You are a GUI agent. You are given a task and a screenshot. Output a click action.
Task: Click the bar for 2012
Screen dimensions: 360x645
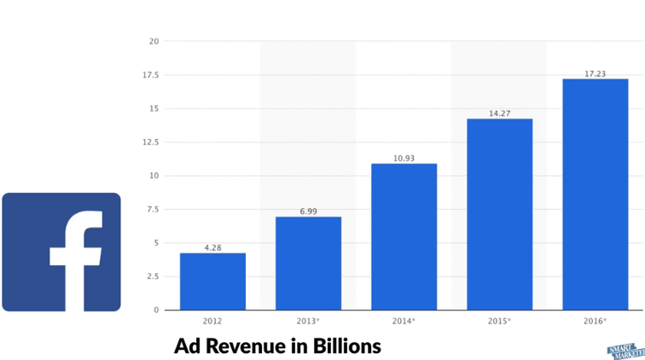212,282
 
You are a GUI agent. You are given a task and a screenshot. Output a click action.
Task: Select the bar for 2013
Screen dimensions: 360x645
308,264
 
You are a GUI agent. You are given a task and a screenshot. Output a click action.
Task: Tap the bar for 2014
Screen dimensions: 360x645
404,236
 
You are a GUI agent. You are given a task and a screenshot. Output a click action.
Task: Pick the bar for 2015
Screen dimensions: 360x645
499,214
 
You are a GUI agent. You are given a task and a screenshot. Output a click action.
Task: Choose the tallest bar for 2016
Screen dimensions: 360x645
595,195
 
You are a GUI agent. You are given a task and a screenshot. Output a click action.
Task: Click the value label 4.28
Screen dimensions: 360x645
212,247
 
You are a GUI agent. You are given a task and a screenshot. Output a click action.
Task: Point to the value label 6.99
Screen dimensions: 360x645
308,211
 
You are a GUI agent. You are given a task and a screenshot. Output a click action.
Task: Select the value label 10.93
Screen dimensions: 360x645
404,158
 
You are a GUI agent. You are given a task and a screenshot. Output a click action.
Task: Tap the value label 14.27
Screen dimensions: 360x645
499,113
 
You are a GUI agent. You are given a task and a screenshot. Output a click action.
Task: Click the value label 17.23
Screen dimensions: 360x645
595,73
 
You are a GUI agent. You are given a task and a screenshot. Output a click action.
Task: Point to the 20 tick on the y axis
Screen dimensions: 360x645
154,41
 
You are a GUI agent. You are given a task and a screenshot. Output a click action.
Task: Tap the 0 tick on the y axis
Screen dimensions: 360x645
156,310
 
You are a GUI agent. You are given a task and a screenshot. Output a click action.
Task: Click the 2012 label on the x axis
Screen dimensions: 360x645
212,322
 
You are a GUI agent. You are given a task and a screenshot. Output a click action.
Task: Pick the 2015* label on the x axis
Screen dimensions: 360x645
499,322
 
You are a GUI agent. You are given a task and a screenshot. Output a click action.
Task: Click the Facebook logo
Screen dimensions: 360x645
61,252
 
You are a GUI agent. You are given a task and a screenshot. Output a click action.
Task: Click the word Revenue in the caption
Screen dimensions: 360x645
241,346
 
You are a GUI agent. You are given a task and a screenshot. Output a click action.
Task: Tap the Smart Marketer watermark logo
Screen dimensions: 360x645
625,352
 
